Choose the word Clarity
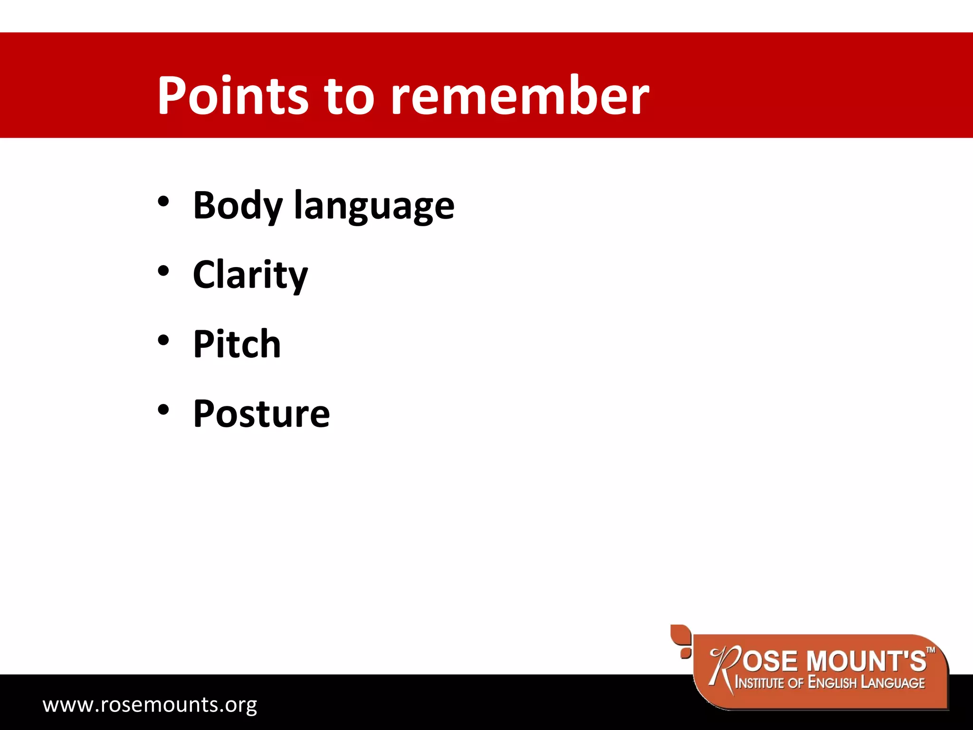(x=250, y=275)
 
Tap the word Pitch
(x=237, y=344)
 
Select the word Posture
(x=261, y=413)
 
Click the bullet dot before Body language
(x=163, y=202)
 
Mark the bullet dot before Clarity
(x=163, y=271)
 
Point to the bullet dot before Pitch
(x=163, y=340)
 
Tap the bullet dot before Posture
(x=163, y=410)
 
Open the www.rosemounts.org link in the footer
(x=150, y=704)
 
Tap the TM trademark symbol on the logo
(x=931, y=650)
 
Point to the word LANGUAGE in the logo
(x=893, y=683)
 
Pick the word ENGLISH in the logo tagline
(x=832, y=683)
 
